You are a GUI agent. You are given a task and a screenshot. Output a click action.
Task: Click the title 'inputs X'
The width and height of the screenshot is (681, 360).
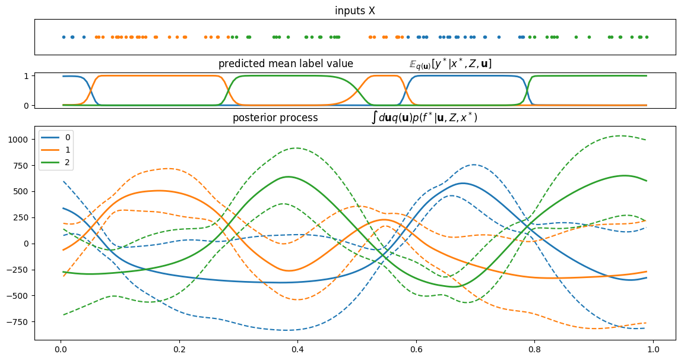pyautogui.click(x=354, y=11)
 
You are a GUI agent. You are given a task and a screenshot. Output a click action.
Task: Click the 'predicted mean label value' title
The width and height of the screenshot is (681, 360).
pyautogui.click(x=286, y=64)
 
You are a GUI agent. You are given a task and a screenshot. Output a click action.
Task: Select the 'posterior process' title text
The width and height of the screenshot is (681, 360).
pyautogui.click(x=275, y=118)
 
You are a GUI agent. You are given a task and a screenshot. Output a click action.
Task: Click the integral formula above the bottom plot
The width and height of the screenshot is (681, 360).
pyautogui.click(x=424, y=118)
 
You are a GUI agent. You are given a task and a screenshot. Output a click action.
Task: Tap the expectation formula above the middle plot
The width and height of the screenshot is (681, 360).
pyautogui.click(x=450, y=64)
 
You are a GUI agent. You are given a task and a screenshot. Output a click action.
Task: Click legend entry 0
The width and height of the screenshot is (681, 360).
pyautogui.click(x=67, y=137)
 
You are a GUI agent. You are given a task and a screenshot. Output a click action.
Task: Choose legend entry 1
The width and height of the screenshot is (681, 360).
pyautogui.click(x=67, y=150)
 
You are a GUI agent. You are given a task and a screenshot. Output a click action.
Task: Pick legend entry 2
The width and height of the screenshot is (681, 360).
pyautogui.click(x=67, y=162)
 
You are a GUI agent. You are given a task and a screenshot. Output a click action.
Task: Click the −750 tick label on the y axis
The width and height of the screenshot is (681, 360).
pyautogui.click(x=19, y=322)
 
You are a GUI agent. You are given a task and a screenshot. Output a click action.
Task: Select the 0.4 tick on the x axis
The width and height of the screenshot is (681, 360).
pyautogui.click(x=297, y=350)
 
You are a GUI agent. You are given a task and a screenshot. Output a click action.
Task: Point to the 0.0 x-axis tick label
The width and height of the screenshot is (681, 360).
pyautogui.click(x=59, y=350)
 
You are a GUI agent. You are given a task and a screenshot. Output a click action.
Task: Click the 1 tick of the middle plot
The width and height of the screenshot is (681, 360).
pyautogui.click(x=27, y=76)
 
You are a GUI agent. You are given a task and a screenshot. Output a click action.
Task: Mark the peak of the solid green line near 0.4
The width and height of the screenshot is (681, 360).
pyautogui.click(x=288, y=176)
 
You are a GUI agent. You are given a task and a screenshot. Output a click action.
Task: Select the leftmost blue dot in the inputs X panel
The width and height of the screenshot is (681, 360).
pyautogui.click(x=64, y=37)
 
